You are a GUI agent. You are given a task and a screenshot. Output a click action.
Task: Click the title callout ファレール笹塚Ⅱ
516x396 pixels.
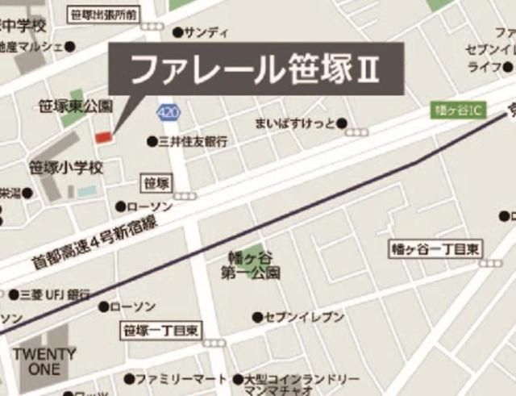[254, 69]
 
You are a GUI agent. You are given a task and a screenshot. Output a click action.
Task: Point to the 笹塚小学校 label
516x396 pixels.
[67, 169]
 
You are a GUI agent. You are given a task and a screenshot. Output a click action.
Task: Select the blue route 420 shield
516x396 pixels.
[169, 111]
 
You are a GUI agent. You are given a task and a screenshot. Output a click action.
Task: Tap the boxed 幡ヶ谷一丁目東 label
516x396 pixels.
[435, 248]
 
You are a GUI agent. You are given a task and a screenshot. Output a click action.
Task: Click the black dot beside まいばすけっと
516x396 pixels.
[343, 123]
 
